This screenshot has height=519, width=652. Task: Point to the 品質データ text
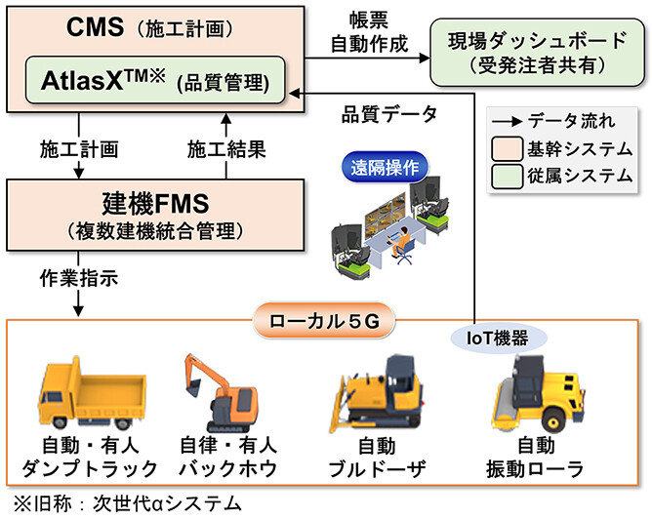(x=387, y=112)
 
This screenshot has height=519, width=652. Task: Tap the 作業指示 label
(x=80, y=277)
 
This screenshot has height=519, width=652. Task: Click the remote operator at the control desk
(x=399, y=241)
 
